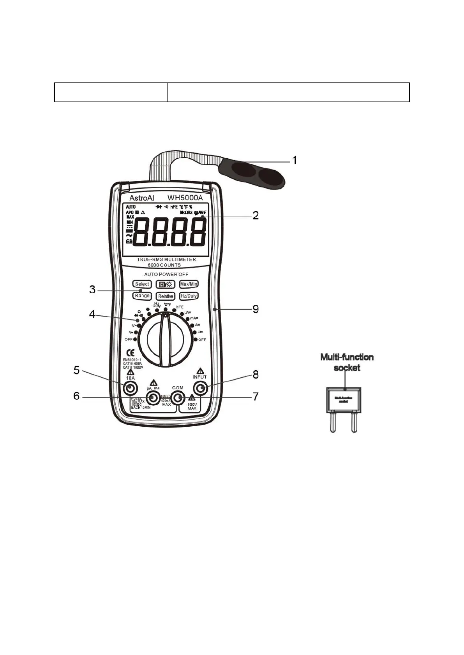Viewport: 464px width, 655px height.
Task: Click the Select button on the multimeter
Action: (x=142, y=284)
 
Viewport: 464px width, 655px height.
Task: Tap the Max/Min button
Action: (x=189, y=284)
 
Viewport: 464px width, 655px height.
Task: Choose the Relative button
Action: (x=166, y=296)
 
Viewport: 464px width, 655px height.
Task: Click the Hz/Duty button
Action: (x=189, y=296)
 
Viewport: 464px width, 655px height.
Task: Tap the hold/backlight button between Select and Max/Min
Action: (x=166, y=284)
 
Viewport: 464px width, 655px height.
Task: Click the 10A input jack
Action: (x=130, y=388)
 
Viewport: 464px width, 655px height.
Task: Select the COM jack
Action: (x=178, y=398)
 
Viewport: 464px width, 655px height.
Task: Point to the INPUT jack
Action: (x=201, y=388)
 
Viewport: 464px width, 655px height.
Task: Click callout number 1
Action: (x=295, y=160)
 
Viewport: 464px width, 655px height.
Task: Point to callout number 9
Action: (x=256, y=309)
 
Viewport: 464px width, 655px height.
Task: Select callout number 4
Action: (x=92, y=314)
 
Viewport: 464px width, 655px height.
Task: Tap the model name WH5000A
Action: (x=185, y=198)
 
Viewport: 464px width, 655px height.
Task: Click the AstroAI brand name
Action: (x=142, y=198)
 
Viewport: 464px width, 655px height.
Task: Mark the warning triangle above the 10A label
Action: (x=130, y=372)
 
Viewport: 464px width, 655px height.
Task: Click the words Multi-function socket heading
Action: (x=347, y=362)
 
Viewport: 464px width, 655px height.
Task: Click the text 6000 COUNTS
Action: (x=164, y=265)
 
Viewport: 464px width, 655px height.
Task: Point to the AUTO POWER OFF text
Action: (x=166, y=274)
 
